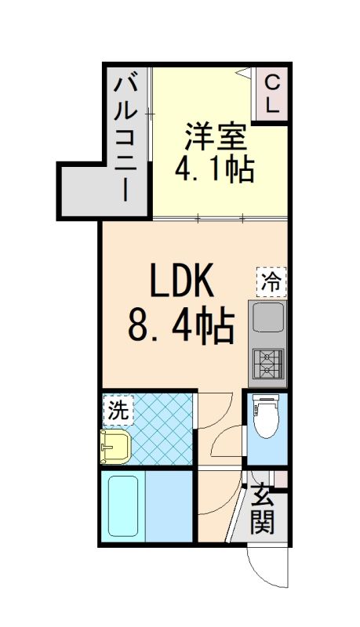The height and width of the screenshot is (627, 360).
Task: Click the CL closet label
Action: tap(272, 93)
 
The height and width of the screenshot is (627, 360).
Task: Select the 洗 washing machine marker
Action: tap(118, 408)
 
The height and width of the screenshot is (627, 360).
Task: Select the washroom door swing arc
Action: tap(213, 411)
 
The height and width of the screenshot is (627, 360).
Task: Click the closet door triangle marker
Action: tap(244, 74)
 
